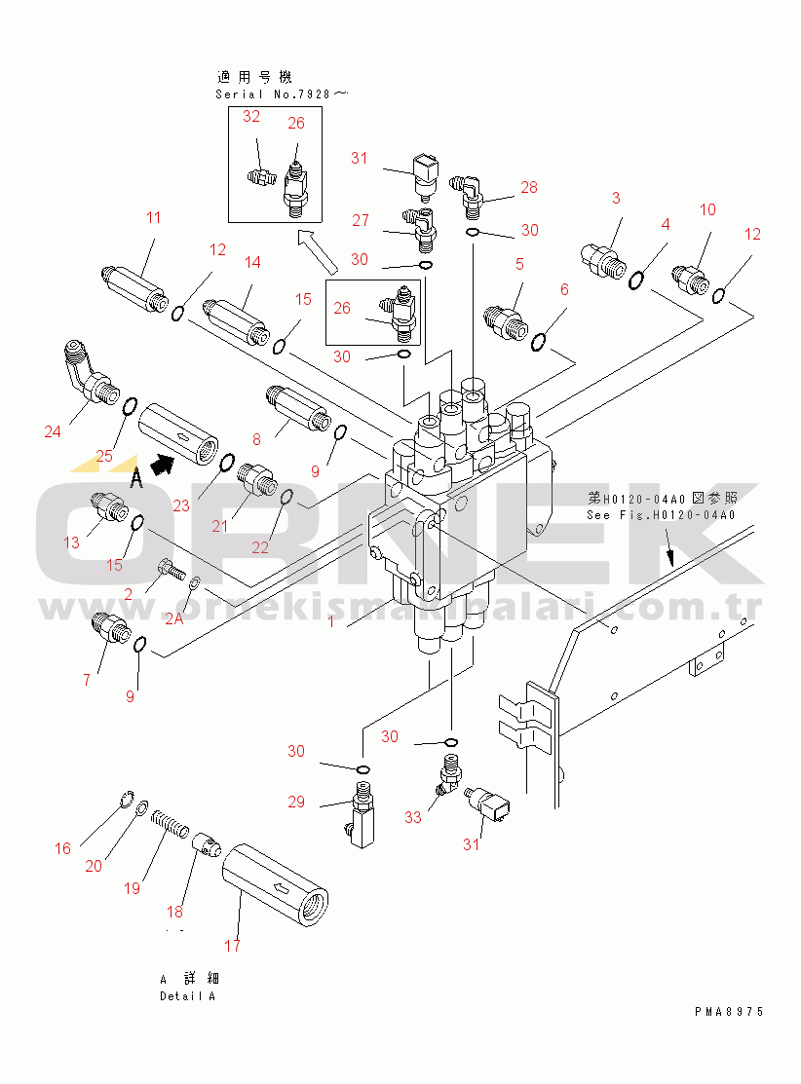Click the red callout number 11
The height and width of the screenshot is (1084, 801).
[x=153, y=218]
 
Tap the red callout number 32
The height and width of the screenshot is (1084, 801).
[x=251, y=117]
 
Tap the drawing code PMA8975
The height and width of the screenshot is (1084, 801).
[x=729, y=1012]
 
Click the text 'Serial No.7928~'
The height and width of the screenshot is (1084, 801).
[x=282, y=94]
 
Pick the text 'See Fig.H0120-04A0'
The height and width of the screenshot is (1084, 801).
[x=660, y=515]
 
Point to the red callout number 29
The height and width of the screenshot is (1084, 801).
[x=296, y=803]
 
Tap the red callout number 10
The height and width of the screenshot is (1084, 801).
[x=707, y=209]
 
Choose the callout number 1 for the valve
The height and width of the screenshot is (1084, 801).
[x=331, y=621]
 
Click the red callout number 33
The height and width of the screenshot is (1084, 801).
[x=413, y=817]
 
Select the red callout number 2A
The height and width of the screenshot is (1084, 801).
[x=174, y=618]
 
